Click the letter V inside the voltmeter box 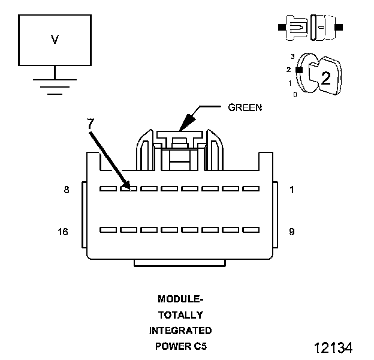[55, 40]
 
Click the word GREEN [245, 108]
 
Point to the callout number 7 [90, 125]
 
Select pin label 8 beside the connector [66, 190]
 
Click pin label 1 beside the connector [291, 190]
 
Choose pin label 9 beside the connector [291, 231]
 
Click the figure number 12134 [332, 347]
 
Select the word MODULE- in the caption [180, 299]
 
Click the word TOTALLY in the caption [180, 314]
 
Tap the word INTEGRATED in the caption [180, 330]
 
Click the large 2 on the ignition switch [325, 77]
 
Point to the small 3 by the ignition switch [292, 56]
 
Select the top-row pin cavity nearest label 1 [251, 188]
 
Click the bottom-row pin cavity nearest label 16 [108, 230]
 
